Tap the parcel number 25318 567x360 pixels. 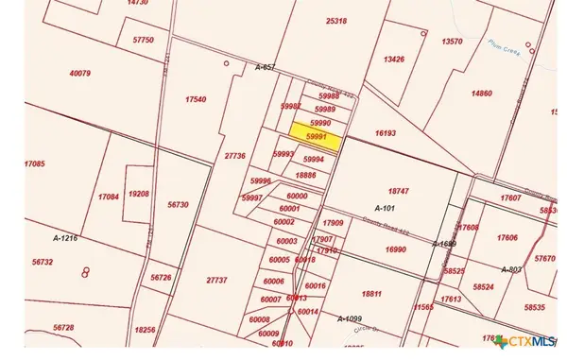pos(335,21)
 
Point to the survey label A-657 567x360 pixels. pos(266,66)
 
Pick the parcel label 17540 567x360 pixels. pos(196,98)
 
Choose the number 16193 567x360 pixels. pos(384,133)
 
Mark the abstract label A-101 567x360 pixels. pos(385,207)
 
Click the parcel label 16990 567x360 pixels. pos(395,249)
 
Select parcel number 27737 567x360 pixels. pos(215,281)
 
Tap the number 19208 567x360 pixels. pos(139,194)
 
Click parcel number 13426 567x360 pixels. pos(394,60)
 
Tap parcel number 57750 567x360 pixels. pos(144,41)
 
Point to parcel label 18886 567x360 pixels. pos(305,175)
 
